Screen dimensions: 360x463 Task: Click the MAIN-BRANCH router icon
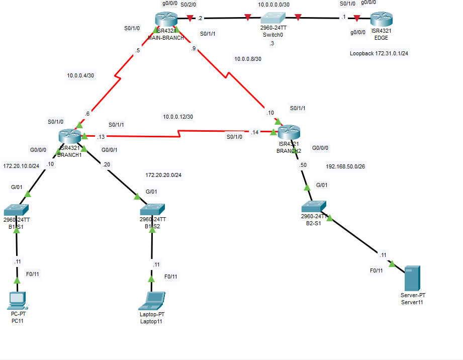click(x=166, y=20)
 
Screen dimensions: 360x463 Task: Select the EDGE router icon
click(x=381, y=20)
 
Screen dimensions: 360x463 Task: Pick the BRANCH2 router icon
click(x=289, y=133)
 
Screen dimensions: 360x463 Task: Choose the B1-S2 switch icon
click(x=152, y=209)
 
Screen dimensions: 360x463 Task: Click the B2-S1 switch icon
click(x=314, y=206)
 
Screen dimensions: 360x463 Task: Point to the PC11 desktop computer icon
click(x=17, y=300)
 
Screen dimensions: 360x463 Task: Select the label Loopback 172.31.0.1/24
click(x=379, y=53)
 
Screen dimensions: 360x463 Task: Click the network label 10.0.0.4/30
click(x=81, y=76)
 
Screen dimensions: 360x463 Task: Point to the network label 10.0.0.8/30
click(x=248, y=59)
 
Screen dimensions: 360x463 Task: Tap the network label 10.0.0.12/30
click(x=177, y=117)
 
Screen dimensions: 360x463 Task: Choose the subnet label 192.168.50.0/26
click(x=345, y=166)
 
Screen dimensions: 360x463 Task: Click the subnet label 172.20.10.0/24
click(x=21, y=165)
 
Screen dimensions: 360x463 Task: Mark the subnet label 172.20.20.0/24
click(x=163, y=175)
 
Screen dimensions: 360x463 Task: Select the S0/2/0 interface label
click(x=189, y=5)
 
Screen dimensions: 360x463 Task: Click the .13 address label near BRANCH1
click(x=101, y=136)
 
